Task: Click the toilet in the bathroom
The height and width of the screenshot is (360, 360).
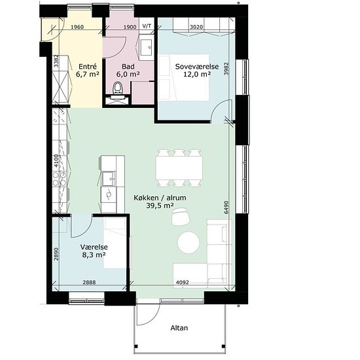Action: (x=118, y=88)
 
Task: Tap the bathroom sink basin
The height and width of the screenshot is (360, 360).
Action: (x=146, y=47)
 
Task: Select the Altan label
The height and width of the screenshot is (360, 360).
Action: (x=179, y=328)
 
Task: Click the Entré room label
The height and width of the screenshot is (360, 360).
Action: (x=88, y=67)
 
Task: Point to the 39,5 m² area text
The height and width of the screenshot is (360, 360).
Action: (x=160, y=206)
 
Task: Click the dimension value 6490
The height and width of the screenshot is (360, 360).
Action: (x=226, y=207)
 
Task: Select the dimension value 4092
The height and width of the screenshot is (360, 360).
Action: (x=183, y=282)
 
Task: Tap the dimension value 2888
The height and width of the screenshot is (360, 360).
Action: (x=89, y=282)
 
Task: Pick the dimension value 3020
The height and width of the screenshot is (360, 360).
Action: (x=196, y=27)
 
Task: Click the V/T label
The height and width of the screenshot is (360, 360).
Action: (x=147, y=26)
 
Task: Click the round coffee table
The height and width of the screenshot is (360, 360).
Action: (x=189, y=242)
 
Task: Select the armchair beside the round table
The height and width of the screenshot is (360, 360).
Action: (x=181, y=217)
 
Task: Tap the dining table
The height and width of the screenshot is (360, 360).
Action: (x=179, y=168)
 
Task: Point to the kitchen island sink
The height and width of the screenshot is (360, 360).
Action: (x=109, y=179)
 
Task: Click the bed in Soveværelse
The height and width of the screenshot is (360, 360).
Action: (x=184, y=78)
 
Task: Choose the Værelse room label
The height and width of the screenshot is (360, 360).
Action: (x=94, y=247)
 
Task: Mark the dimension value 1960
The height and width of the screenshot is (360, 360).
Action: (x=77, y=27)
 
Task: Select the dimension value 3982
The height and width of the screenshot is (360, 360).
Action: (x=226, y=69)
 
